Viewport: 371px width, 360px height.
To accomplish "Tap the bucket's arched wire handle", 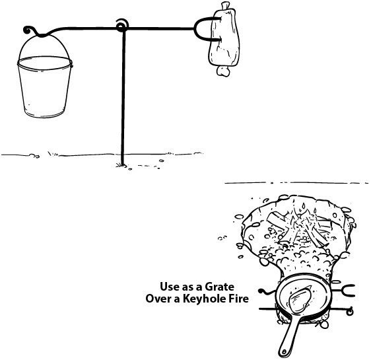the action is point(44,36).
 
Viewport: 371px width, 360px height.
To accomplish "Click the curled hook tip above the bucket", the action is point(27,30).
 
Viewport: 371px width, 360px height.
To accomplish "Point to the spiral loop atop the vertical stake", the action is point(122,26).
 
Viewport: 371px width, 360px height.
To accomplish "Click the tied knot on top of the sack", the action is point(226,6).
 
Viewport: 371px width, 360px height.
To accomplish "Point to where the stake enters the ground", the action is point(122,165).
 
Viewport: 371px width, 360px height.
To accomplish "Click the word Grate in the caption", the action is point(219,287).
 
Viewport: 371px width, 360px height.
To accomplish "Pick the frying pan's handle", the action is point(289,337).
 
